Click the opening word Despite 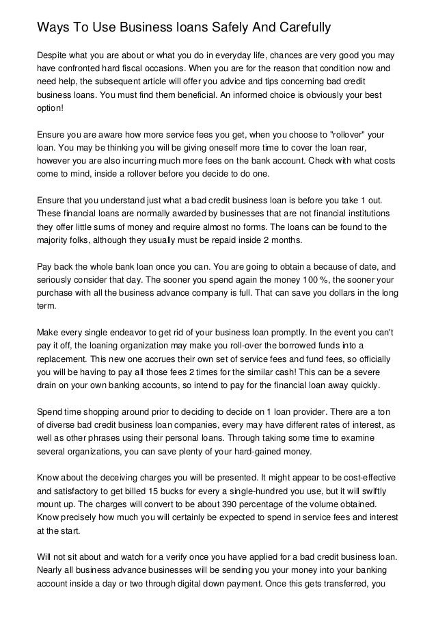tap(54, 54)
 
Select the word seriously tap(57, 280)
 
